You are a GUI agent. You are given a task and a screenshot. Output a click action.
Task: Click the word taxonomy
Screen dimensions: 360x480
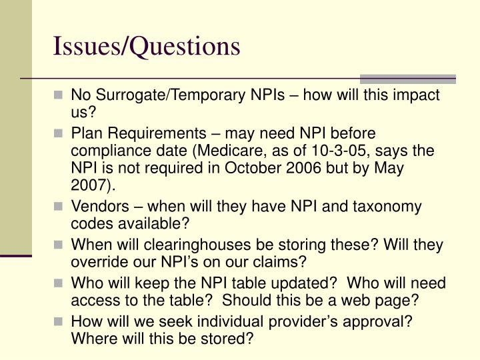click(x=383, y=207)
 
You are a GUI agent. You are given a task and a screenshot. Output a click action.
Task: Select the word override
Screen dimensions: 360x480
click(x=97, y=262)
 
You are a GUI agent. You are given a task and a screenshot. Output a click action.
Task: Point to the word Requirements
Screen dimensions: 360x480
click(x=151, y=133)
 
